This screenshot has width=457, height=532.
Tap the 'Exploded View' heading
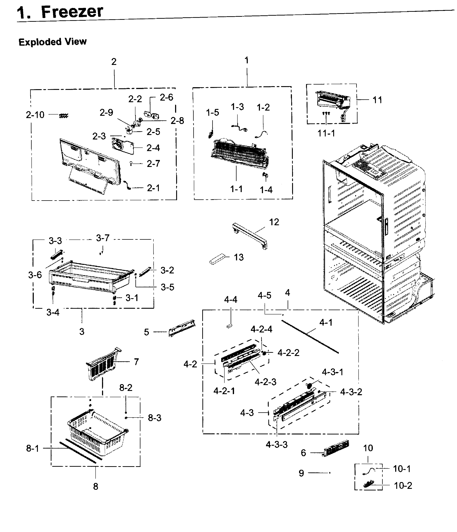53,42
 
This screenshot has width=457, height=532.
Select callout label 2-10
35,115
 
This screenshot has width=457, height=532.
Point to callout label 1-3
237,106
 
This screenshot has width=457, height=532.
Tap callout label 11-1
326,133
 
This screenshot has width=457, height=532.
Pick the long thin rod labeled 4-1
310,337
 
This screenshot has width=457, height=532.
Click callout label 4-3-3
276,444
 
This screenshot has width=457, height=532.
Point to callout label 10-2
403,485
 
